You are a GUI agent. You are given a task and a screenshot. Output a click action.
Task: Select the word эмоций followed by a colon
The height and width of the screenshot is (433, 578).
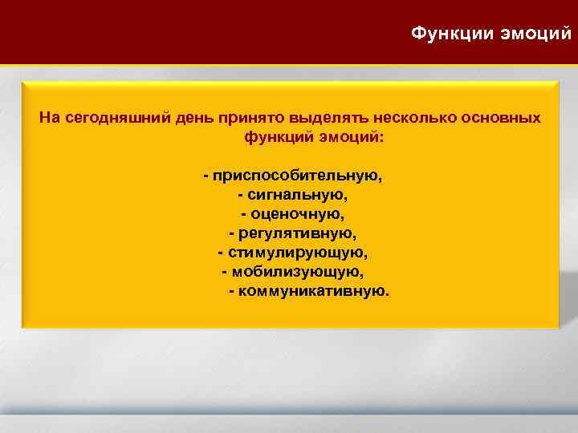pos(351,137)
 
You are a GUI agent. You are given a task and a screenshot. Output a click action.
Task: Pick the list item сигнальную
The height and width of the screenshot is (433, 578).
pos(298,195)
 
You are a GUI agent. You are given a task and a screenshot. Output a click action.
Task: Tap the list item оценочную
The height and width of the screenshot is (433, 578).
pos(297,214)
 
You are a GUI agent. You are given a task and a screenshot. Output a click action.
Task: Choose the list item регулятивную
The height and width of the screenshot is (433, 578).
pos(297,233)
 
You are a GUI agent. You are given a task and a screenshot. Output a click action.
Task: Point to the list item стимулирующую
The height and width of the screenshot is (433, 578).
pos(298,253)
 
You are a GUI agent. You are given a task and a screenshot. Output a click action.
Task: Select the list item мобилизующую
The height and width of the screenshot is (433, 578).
pos(298,272)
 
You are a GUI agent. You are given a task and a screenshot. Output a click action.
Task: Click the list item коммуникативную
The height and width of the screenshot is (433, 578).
pos(315,291)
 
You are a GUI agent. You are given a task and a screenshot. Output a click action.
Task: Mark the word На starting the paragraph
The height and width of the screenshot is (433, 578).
pos(49,118)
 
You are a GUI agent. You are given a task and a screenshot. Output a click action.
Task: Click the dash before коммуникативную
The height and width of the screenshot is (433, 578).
pos(232,291)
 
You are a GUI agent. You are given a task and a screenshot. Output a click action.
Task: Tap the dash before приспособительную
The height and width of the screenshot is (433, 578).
pos(206,175)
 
